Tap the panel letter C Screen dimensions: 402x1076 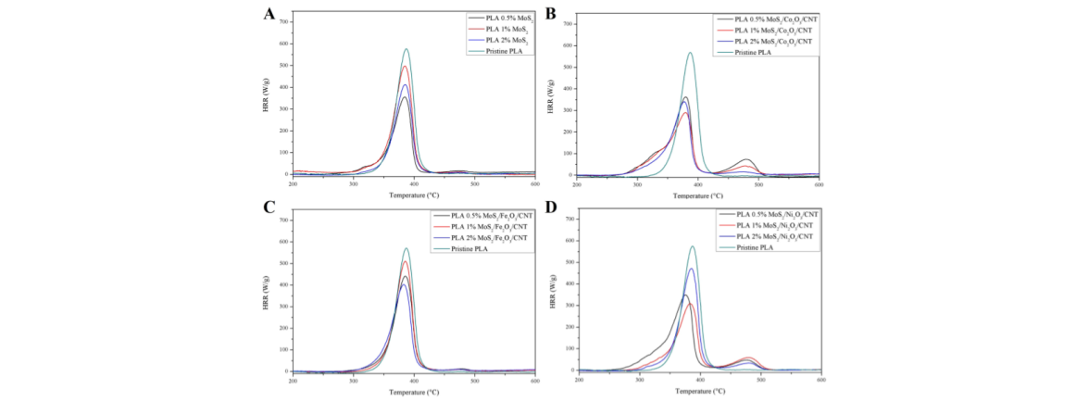[x=269, y=209]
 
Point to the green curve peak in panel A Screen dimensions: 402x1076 [x=406, y=49]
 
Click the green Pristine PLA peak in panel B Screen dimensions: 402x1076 [x=690, y=53]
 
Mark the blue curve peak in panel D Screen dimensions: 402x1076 [x=691, y=269]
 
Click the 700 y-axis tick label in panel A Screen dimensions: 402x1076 [x=283, y=21]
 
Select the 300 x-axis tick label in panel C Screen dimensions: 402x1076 [x=354, y=381]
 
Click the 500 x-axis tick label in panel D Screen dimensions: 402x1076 [x=760, y=380]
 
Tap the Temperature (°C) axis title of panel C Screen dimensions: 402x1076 [x=415, y=392]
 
